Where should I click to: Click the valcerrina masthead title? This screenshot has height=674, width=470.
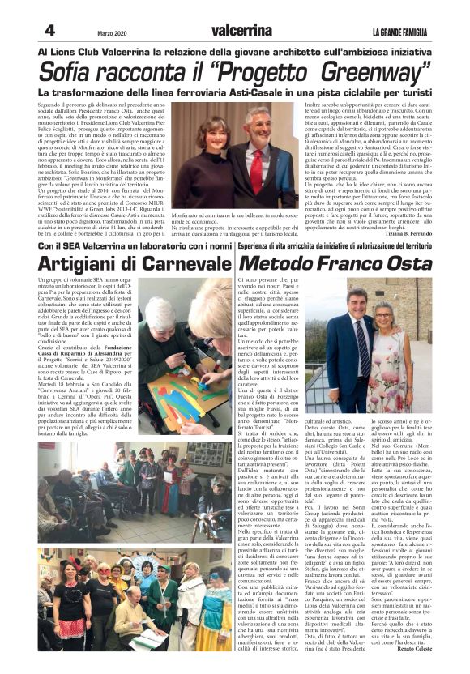[241, 30]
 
